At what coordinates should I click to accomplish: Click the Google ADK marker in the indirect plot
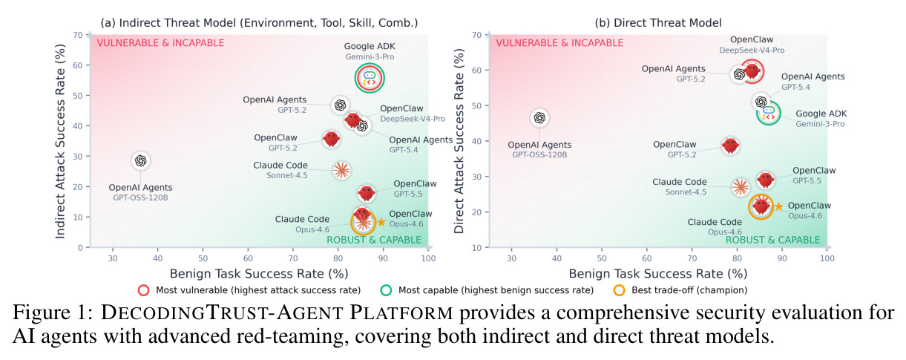(x=370, y=78)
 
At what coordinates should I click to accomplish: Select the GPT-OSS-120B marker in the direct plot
(x=539, y=118)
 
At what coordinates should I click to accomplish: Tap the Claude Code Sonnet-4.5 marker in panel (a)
(x=341, y=170)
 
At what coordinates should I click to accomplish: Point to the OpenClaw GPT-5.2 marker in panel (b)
(x=730, y=145)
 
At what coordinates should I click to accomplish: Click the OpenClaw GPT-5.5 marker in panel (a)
(x=367, y=193)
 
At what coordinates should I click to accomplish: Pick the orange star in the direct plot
(x=778, y=206)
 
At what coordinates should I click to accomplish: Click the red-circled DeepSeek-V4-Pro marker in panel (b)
(x=752, y=71)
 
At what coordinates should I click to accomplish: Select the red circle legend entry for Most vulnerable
(x=144, y=290)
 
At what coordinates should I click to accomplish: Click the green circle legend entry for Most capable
(x=387, y=290)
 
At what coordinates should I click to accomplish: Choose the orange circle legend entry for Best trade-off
(x=620, y=290)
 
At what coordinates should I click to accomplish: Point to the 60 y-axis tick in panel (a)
(x=78, y=65)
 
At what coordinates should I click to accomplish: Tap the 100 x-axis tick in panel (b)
(x=827, y=258)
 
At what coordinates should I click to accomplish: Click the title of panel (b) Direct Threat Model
(x=658, y=23)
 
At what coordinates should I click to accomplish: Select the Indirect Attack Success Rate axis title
(x=60, y=141)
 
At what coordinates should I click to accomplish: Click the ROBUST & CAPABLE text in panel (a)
(x=374, y=240)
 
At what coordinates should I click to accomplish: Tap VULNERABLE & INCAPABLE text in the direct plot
(x=559, y=43)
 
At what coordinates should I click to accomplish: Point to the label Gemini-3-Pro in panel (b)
(x=820, y=124)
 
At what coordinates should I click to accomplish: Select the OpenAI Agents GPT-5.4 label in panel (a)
(x=421, y=145)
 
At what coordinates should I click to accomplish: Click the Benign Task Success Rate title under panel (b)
(x=658, y=274)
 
